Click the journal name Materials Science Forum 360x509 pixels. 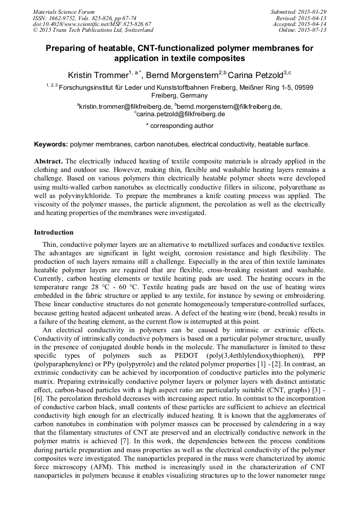pyautogui.click(x=64, y=11)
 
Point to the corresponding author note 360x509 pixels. pyautogui.click(x=179, y=126)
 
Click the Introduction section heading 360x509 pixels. pyautogui.click(x=54, y=232)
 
